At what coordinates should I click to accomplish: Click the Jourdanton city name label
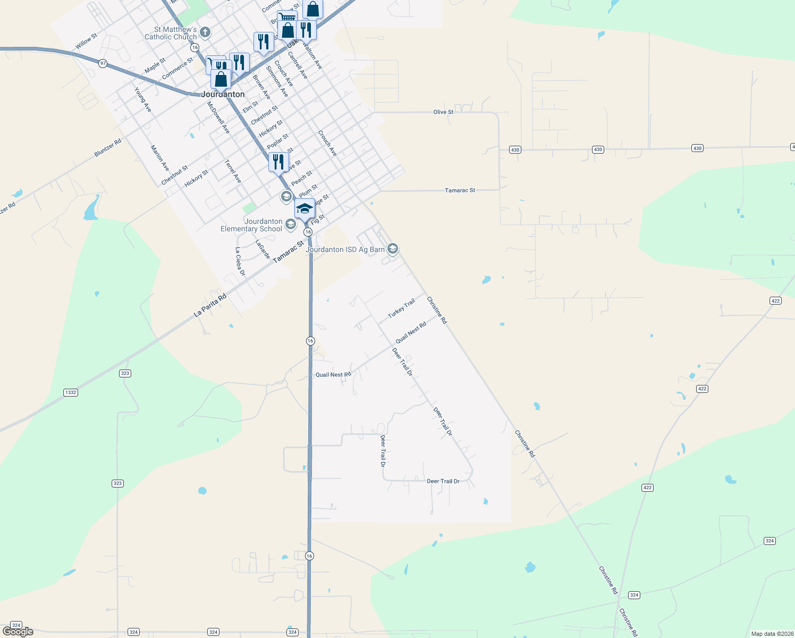point(223,94)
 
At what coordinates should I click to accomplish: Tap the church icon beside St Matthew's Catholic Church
point(205,33)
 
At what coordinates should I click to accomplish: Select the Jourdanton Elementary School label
point(252,225)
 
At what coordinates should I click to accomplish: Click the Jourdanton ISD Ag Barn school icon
point(393,248)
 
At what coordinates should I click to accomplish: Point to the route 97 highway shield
point(103,63)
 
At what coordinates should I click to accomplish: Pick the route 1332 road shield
point(71,392)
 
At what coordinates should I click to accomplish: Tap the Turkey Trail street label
point(401,308)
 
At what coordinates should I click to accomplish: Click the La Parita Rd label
point(210,306)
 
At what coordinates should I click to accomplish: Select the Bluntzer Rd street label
point(108,148)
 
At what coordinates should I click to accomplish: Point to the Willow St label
point(86,41)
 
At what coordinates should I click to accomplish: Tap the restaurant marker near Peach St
point(278,161)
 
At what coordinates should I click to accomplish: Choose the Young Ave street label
point(143,100)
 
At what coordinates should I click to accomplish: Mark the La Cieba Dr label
point(240,262)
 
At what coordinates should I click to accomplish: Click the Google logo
point(18,632)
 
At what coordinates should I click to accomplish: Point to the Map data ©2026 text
point(771,634)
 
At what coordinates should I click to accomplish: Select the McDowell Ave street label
point(218,117)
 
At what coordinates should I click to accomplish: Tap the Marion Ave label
point(159,158)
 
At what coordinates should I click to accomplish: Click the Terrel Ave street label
point(233,171)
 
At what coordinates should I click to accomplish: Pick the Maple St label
point(155,65)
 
